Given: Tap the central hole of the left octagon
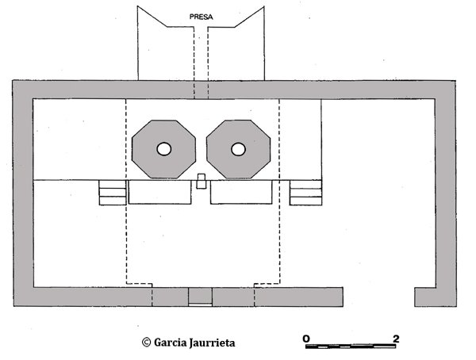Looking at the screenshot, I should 163,149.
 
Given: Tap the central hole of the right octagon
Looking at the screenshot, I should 238,149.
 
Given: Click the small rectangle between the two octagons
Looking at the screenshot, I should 202,181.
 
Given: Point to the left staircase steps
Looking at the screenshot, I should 112,193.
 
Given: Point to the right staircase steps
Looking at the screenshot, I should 305,193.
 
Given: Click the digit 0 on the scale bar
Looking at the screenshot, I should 306,339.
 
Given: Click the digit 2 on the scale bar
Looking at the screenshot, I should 395,339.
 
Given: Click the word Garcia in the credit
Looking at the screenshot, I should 167,343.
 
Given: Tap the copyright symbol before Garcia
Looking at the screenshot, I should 146,343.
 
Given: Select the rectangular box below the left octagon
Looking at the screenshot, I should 160,193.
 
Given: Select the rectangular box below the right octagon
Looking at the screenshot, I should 241,193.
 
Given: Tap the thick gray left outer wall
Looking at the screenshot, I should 22,190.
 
